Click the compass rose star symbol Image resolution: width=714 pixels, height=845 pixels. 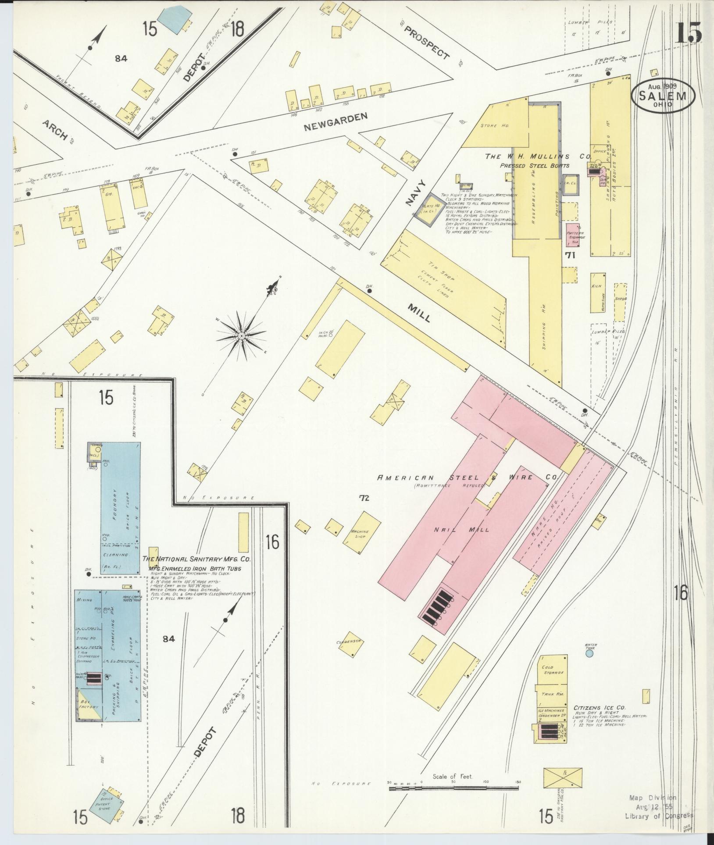point(241,336)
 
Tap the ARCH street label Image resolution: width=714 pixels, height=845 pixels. point(55,131)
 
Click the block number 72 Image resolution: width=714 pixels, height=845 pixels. point(364,498)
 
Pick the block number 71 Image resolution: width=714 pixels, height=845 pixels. point(570,255)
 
